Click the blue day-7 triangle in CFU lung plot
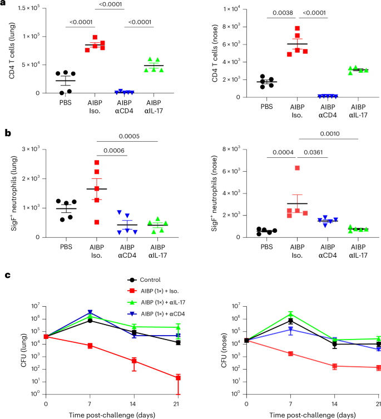pos(90,312)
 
